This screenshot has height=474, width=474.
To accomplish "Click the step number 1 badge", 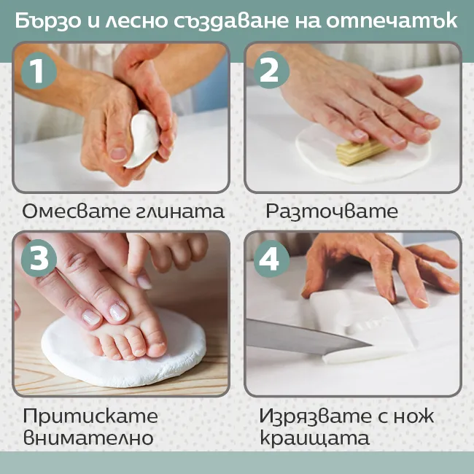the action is coord(39,71).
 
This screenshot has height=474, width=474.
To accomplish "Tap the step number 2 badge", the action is coord(271,70).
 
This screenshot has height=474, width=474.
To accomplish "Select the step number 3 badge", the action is coord(39,258).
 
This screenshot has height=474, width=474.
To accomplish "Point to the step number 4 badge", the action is coord(271,259).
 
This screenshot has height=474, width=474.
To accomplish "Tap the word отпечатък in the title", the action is coord(392,21).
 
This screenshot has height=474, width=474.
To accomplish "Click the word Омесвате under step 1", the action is coord(75,211).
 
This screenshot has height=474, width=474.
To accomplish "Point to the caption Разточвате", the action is coord(332,211).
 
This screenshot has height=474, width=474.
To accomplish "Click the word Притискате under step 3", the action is coord(90,416).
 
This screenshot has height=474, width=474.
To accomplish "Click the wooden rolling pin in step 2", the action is coord(361,152).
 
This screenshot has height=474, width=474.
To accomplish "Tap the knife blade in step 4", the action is coord(308,335).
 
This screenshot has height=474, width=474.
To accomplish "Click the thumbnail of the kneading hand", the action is coord(118,154).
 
